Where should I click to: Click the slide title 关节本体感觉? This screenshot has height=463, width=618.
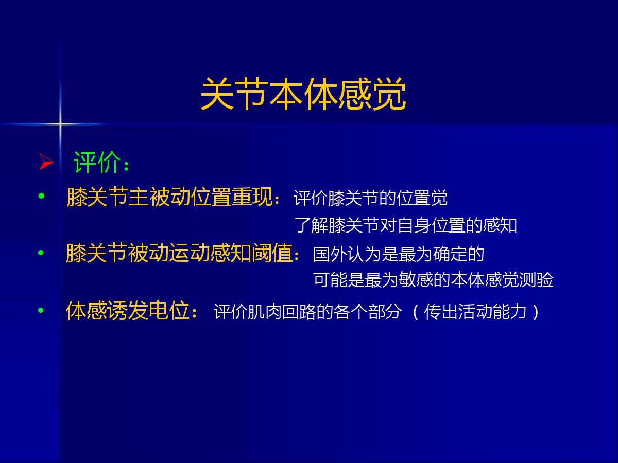(x=303, y=94)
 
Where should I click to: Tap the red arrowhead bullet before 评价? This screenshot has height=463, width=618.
(x=46, y=162)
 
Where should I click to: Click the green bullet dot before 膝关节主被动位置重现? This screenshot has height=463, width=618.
(x=41, y=195)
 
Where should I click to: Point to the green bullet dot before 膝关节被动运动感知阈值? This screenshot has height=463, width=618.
(x=41, y=253)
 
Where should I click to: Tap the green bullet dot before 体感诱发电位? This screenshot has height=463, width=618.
(x=41, y=310)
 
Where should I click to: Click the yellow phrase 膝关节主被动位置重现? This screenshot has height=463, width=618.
(x=169, y=197)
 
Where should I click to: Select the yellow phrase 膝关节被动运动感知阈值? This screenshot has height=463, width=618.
(x=179, y=253)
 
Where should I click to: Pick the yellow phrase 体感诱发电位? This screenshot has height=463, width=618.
(x=128, y=311)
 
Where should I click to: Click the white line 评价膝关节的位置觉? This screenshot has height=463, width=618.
(x=370, y=198)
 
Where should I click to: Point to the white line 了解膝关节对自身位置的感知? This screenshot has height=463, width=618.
(x=406, y=225)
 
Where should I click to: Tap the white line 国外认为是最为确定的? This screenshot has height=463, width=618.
(x=399, y=254)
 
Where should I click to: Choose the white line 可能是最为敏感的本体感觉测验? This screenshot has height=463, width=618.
(x=433, y=280)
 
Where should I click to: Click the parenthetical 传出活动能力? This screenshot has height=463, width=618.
(x=475, y=311)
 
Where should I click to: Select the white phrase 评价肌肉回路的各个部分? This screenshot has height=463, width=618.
(x=307, y=311)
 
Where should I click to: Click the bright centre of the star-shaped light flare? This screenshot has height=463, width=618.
(x=60, y=123)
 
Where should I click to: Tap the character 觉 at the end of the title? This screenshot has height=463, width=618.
(x=389, y=94)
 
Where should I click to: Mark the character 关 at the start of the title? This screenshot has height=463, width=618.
(x=217, y=94)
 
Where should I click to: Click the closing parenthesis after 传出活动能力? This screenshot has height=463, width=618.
(x=535, y=312)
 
